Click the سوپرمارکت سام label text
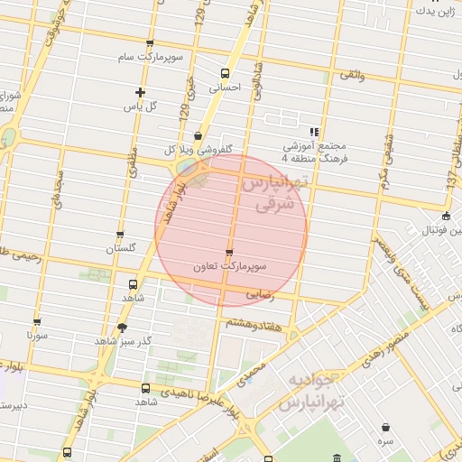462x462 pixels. (x=150, y=58)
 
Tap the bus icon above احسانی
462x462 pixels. (x=225, y=73)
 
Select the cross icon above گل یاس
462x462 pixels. (x=140, y=91)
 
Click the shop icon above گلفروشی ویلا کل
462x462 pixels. (x=198, y=135)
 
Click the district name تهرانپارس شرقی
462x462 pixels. (x=274, y=193)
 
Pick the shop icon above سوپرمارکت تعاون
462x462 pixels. (x=229, y=253)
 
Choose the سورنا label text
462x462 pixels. (x=36, y=335)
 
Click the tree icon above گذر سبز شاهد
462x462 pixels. (x=122, y=327)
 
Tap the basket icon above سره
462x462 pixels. (x=385, y=427)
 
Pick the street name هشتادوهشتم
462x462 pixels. (x=254, y=321)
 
